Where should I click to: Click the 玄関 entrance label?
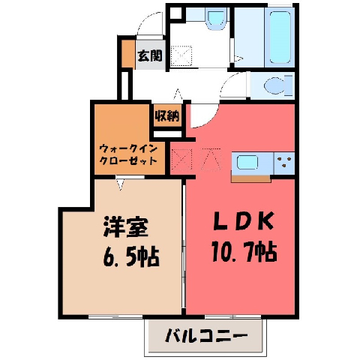click(x=150, y=55)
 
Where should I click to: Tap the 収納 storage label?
click(x=167, y=115)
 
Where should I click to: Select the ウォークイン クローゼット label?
click(x=128, y=154)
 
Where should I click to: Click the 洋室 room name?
click(x=126, y=227)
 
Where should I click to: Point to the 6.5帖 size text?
click(x=131, y=256)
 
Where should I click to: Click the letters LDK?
click(x=243, y=220)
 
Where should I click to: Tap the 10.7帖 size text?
click(x=244, y=251)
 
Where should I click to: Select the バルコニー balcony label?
click(x=206, y=337)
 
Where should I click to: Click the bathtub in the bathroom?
click(x=280, y=37)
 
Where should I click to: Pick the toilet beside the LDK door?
click(x=278, y=85)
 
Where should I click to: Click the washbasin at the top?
click(x=216, y=19)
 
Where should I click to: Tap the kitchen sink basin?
click(x=247, y=163)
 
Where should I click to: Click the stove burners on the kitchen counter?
click(x=285, y=162)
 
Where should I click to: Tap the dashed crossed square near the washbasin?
click(x=181, y=55)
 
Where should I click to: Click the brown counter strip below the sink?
click(x=250, y=178)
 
